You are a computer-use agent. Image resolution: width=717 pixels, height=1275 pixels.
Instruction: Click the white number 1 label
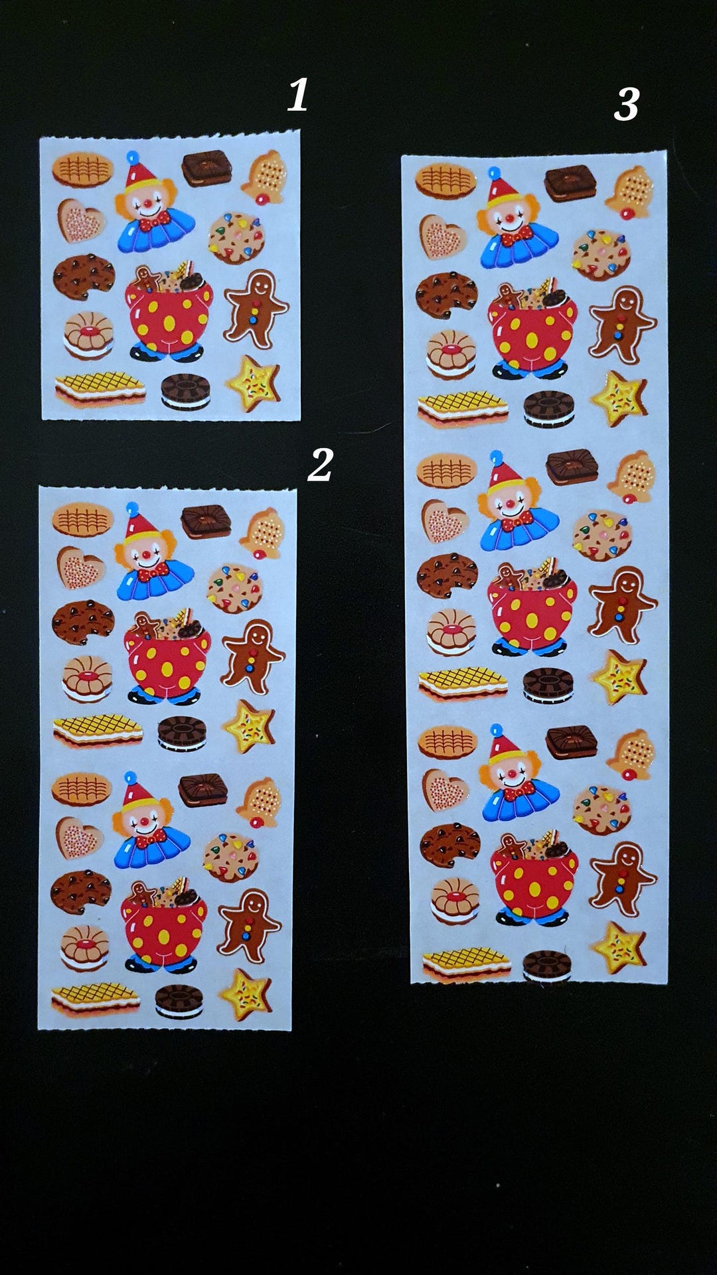[297, 94]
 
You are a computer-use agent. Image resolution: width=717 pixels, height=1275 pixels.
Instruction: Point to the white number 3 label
[626, 104]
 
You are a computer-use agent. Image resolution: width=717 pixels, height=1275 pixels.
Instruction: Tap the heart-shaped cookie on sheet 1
[80, 220]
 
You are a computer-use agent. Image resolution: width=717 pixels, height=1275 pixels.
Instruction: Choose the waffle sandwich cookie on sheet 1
[100, 388]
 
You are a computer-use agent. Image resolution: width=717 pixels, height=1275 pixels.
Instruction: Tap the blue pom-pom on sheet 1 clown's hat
[133, 158]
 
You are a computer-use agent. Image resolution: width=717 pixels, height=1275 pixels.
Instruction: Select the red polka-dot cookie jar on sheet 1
[169, 316]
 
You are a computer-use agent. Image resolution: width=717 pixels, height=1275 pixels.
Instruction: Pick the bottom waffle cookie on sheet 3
[467, 966]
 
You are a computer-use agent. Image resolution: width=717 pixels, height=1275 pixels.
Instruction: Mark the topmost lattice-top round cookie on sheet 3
[446, 181]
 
